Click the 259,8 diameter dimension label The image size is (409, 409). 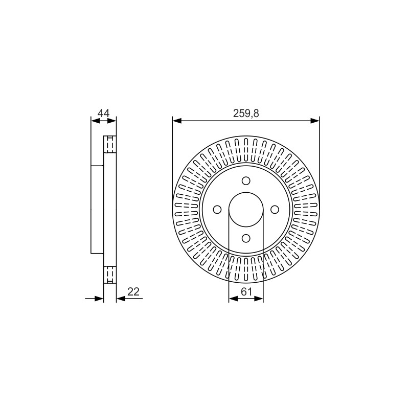[x=246, y=113]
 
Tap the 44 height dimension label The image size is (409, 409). [x=104, y=113]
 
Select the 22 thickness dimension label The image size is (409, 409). [x=133, y=291]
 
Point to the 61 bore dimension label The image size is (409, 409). [x=246, y=292]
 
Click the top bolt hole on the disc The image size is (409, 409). [x=246, y=181]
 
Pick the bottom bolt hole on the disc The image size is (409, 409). [x=246, y=238]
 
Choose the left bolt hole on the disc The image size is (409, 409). [x=217, y=210]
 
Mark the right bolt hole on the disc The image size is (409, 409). [x=275, y=210]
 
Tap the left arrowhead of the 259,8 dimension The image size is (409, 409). [x=177, y=121]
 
